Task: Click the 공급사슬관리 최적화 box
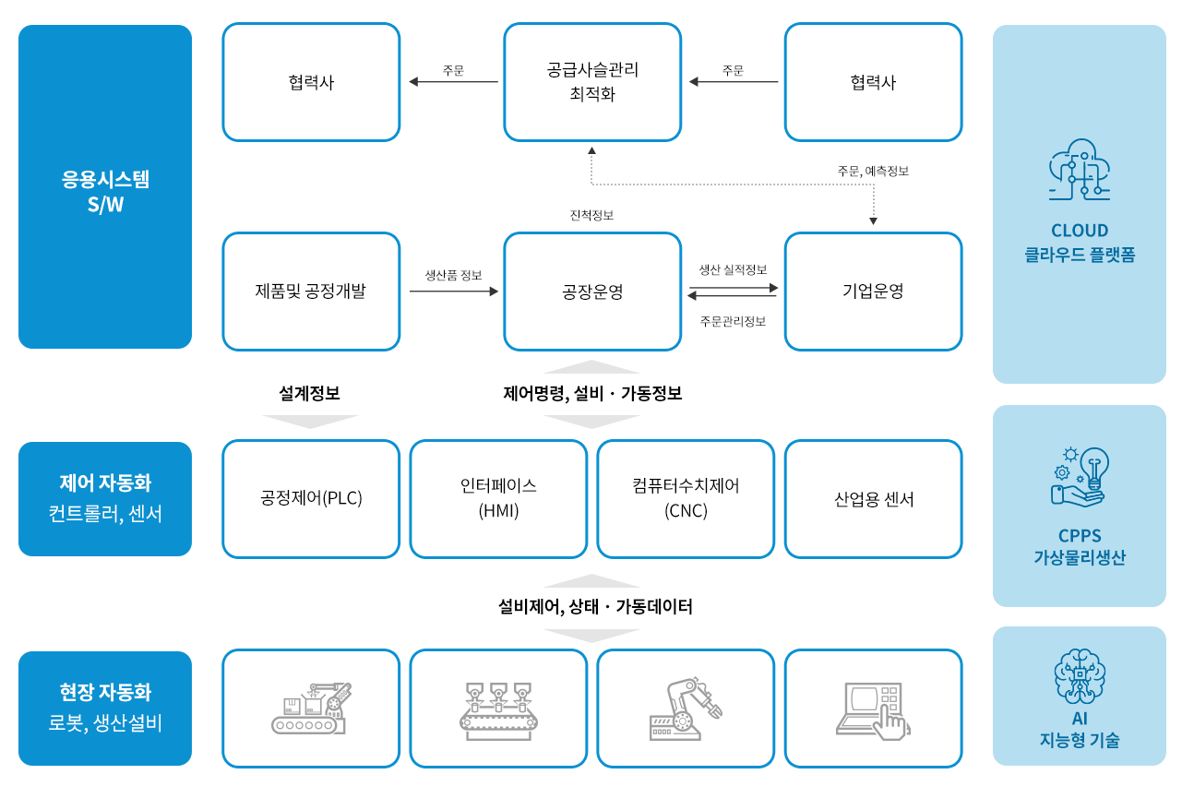592,82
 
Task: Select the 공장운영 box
592,292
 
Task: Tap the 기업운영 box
873,292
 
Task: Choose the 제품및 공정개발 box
311,292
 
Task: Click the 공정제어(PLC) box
311,498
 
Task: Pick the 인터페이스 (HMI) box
498,498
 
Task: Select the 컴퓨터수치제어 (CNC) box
686,498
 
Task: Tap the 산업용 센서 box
873,498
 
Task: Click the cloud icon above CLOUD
1079,170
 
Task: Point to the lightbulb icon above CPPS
1079,477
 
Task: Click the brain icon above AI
1079,676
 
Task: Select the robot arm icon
686,709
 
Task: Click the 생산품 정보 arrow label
453,275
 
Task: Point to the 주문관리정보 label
733,321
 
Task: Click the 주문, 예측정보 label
873,171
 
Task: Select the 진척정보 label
591,215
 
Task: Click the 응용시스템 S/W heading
105,192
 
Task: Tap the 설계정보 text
309,393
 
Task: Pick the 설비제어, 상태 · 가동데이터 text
595,606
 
